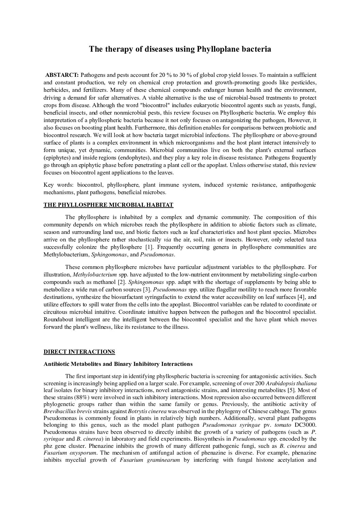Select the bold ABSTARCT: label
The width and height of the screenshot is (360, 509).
click(62, 75)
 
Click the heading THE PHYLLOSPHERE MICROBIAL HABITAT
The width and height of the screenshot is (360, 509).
click(109, 205)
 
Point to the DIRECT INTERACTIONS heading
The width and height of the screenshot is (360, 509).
click(79, 352)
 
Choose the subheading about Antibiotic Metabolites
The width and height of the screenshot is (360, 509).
click(118, 364)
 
